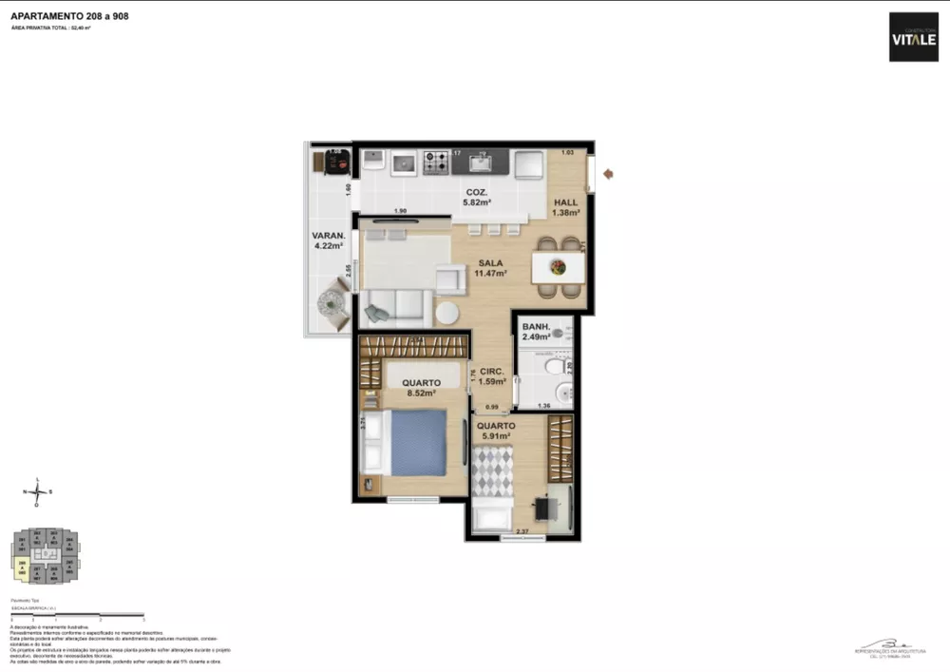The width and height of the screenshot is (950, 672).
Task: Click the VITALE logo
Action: point(913,37)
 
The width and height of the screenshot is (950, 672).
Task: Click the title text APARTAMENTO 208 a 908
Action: point(69,16)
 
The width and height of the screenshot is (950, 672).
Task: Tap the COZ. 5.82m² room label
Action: point(476,197)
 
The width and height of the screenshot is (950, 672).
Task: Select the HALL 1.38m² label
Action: point(566,208)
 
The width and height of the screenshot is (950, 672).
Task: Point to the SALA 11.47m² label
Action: point(490,268)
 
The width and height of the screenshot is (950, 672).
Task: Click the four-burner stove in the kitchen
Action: point(436,163)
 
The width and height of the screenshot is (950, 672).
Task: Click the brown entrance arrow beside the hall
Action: point(609,174)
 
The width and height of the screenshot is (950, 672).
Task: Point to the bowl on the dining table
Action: point(557,266)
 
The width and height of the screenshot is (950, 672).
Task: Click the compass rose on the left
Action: point(37,492)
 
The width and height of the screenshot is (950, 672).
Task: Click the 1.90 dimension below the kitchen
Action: point(400,211)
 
